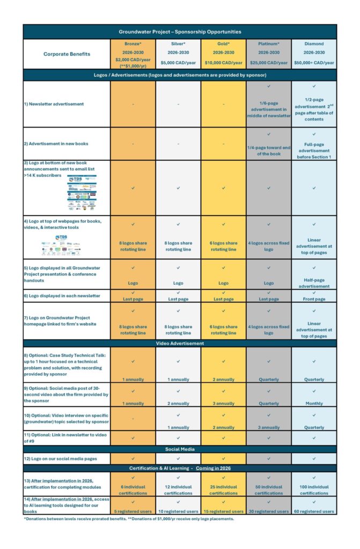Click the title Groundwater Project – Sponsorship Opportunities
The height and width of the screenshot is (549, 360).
click(x=180, y=32)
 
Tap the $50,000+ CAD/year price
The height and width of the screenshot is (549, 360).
click(x=314, y=63)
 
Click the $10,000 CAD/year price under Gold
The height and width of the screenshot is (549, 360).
click(x=223, y=63)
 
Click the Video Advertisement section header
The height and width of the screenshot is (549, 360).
click(x=180, y=343)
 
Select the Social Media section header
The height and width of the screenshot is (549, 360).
click(x=180, y=449)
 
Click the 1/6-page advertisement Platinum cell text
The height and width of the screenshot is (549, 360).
click(x=268, y=112)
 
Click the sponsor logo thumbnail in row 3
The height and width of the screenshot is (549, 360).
click(x=82, y=194)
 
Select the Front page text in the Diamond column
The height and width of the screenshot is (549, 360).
click(x=314, y=299)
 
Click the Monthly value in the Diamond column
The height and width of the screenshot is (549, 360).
click(x=314, y=403)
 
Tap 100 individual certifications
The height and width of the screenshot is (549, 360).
click(x=314, y=490)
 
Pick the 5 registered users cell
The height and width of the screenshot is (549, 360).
click(x=133, y=511)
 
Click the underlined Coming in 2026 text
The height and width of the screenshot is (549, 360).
click(x=213, y=468)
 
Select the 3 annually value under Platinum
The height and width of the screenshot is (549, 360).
click(x=268, y=427)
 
